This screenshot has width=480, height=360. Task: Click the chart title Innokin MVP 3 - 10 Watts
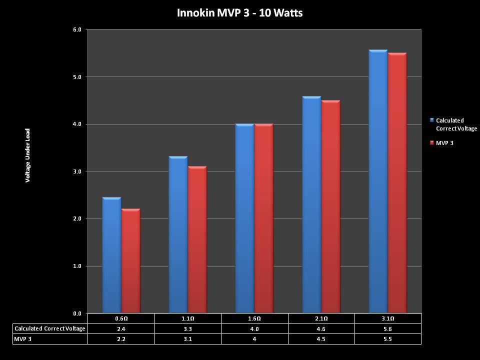[239, 12]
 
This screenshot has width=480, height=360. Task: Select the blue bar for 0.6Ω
[111, 255]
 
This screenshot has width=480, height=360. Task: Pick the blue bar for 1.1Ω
[178, 235]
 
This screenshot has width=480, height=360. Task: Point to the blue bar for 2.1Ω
[311, 205]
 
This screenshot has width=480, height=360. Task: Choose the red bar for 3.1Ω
[397, 183]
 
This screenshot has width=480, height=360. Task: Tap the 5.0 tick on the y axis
[77, 77]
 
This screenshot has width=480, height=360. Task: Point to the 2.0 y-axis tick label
[77, 219]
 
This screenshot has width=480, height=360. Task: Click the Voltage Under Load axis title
[28, 155]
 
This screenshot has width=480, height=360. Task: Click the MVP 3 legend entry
[444, 143]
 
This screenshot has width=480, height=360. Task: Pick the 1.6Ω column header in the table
[254, 318]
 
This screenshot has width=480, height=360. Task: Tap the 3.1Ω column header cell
[388, 318]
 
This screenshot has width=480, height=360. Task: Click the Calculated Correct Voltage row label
[50, 328]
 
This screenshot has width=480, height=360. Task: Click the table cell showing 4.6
[321, 328]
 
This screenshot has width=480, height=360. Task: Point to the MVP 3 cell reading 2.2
[121, 339]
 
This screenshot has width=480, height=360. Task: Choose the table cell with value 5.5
[388, 339]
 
